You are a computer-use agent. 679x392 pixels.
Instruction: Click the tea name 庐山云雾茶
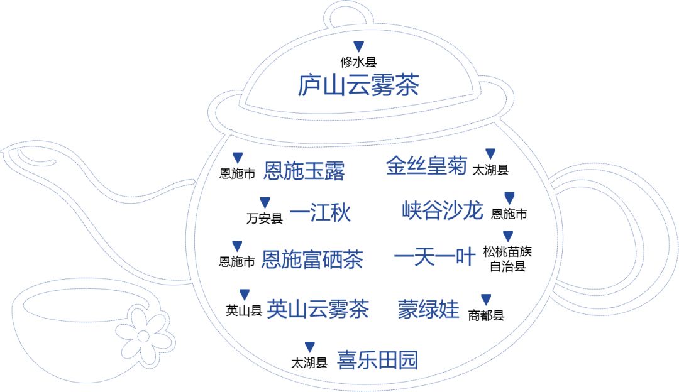coord(358,85)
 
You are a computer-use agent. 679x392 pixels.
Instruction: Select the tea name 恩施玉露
coord(304,170)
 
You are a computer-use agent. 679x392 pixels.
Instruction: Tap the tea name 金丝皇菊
coord(427,166)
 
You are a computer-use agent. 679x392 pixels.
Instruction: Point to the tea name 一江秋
coord(321,214)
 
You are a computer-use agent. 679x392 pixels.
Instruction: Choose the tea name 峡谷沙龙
coord(443,210)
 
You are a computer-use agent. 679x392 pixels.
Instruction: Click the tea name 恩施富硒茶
coord(312,259)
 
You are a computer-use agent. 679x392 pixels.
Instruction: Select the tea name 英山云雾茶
coord(317,308)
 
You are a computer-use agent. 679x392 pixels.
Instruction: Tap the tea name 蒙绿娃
coord(429,309)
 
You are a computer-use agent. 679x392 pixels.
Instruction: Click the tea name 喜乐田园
coord(377,360)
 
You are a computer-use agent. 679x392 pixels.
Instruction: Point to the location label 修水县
coord(358,62)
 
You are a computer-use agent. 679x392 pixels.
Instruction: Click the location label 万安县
coord(265,219)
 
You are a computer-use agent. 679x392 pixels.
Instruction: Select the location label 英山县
coord(244,310)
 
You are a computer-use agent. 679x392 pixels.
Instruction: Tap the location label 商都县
coord(486,315)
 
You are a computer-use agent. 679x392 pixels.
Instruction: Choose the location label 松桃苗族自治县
coord(507,259)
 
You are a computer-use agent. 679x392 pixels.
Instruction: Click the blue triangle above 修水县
coord(358,46)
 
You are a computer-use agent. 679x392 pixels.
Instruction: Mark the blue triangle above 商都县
coord(486,300)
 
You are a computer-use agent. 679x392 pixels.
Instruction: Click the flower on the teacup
coord(145,336)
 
